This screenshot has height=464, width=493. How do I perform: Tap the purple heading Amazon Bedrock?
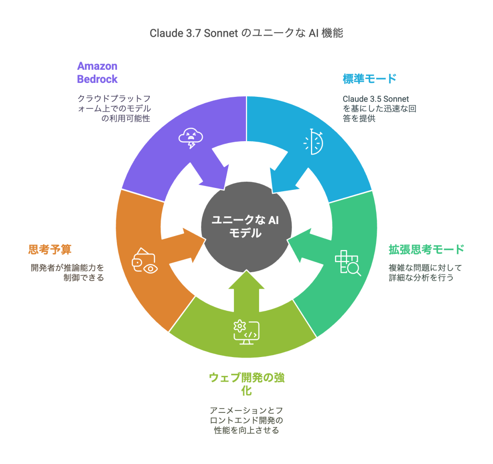click(97, 72)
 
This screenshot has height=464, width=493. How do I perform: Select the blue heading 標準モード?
click(369, 79)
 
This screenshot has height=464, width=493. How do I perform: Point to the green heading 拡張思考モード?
click(426, 249)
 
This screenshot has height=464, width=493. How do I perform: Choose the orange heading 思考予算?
click(50, 249)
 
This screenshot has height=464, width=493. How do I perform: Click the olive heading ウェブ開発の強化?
click(246, 384)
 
